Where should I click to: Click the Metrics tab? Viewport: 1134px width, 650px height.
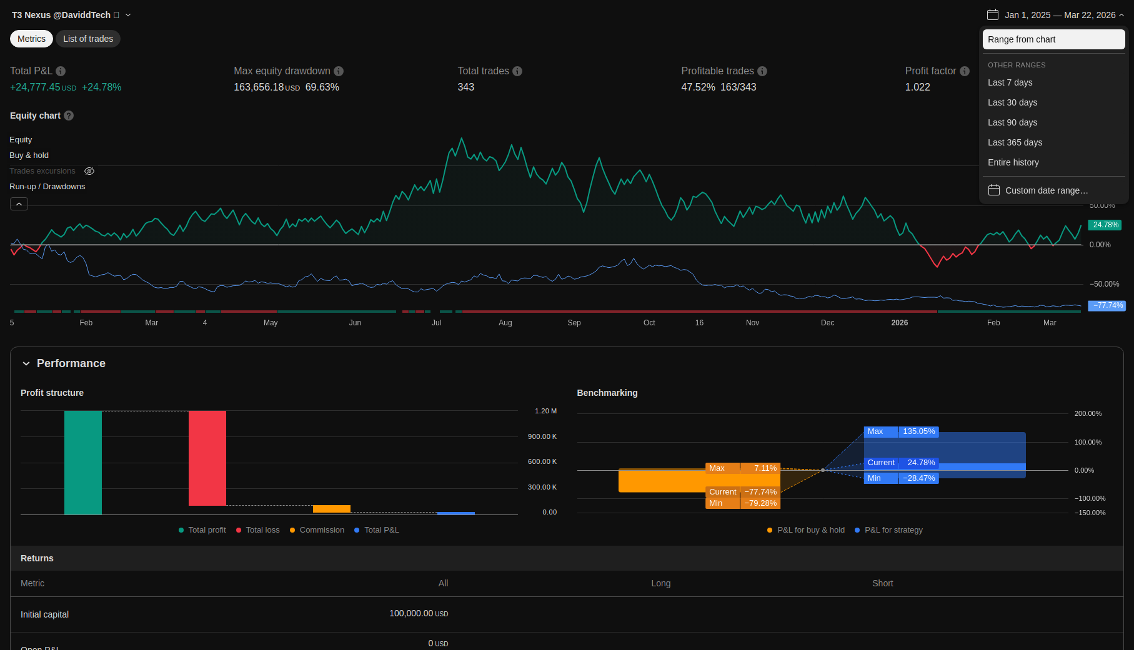[31, 39]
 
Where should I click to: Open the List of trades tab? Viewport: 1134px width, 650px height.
[88, 39]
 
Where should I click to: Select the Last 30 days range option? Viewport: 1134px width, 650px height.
[1012, 102]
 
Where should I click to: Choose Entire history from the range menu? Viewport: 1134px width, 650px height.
[1013, 162]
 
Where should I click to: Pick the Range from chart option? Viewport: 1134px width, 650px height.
[1053, 39]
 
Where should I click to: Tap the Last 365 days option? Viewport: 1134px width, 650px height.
[1015, 142]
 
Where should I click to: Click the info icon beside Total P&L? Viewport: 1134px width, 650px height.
[61, 71]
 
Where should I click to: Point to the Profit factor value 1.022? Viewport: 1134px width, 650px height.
[917, 87]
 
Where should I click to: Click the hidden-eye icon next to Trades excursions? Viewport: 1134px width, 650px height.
[89, 171]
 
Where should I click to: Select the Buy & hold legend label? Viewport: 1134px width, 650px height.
[29, 155]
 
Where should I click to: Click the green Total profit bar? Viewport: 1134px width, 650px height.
[83, 463]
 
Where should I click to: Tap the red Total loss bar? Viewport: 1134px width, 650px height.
[207, 458]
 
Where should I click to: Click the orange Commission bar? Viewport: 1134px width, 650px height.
[332, 509]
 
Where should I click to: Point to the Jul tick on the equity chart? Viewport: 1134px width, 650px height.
[437, 323]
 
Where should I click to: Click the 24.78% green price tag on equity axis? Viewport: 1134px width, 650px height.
[1105, 225]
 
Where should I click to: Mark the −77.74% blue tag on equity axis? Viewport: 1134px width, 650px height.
[1107, 305]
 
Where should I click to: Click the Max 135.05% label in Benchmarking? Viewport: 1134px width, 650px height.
[901, 431]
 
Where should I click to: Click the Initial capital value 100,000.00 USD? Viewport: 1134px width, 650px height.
[419, 614]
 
